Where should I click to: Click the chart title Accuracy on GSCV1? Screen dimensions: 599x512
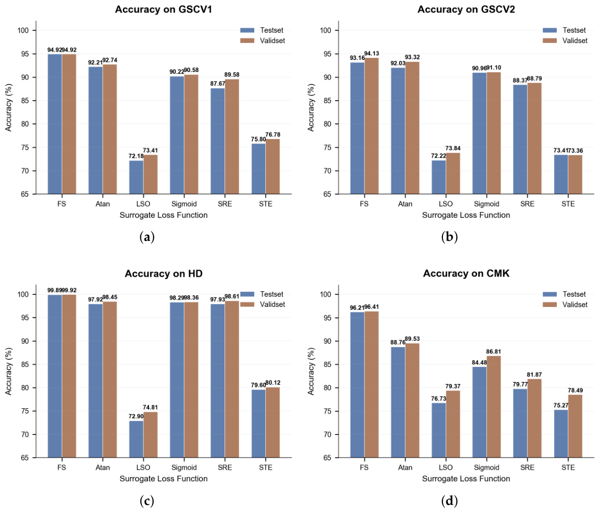pyautogui.click(x=164, y=10)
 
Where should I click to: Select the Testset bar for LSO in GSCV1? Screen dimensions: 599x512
pyautogui.click(x=136, y=177)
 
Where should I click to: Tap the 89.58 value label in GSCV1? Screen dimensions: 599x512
pyautogui.click(x=232, y=75)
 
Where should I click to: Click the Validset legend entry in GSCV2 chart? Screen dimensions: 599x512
pyautogui.click(x=565, y=40)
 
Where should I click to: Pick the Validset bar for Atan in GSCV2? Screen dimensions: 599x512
pyautogui.click(x=412, y=128)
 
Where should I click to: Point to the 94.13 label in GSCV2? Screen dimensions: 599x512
pyautogui.click(x=371, y=53)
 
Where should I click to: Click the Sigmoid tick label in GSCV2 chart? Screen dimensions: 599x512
pyautogui.click(x=486, y=204)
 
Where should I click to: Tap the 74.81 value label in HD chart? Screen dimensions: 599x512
pyautogui.click(x=150, y=407)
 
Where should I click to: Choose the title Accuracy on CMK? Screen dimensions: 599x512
pyautogui.click(x=466, y=274)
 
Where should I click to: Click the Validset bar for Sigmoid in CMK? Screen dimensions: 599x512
pyautogui.click(x=494, y=407)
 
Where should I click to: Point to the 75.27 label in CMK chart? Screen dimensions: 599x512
pyautogui.click(x=561, y=405)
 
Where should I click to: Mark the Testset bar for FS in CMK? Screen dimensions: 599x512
pyautogui.click(x=357, y=385)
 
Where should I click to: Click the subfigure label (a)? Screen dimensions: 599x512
pyautogui.click(x=147, y=237)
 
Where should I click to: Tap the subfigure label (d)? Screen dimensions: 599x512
pyautogui.click(x=449, y=500)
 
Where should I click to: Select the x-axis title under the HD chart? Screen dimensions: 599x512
pyautogui.click(x=164, y=478)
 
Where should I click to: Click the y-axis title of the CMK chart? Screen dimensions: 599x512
pyautogui.click(x=311, y=371)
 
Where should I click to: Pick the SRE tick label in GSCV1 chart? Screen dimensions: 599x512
pyautogui.click(x=224, y=204)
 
